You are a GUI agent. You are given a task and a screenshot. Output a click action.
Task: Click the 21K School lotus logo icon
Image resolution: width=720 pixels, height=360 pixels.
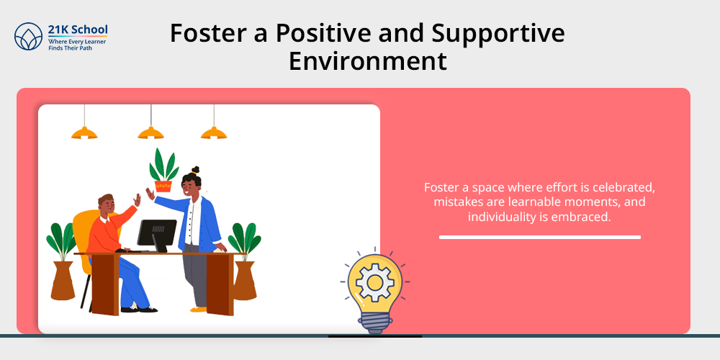click(x=28, y=36)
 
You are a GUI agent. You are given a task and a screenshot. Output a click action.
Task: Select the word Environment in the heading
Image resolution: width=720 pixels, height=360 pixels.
click(x=367, y=61)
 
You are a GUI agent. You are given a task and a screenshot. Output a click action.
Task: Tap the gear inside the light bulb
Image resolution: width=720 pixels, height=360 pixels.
click(x=374, y=282)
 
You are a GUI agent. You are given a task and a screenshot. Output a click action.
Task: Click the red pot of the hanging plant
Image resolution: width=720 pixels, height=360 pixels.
click(x=163, y=186)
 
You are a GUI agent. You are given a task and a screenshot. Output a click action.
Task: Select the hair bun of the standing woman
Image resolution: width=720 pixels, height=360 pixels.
click(x=196, y=170)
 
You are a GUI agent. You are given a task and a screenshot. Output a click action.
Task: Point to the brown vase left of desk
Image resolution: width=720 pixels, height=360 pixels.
click(x=63, y=281)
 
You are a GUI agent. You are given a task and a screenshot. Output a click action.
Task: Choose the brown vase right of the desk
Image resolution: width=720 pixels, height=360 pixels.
click(x=245, y=281)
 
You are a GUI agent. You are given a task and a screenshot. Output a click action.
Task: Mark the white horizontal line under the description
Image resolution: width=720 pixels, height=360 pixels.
click(x=539, y=238)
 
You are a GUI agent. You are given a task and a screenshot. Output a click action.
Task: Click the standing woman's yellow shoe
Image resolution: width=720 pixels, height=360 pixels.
click(x=199, y=310)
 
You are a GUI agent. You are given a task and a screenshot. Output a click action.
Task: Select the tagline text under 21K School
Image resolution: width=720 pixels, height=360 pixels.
click(x=77, y=45)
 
